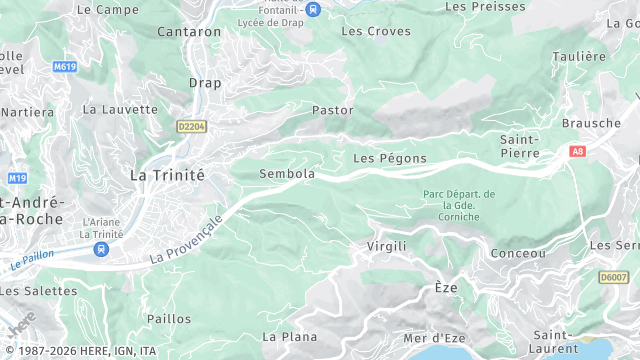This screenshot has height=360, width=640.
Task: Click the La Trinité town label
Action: pyautogui.click(x=167, y=174)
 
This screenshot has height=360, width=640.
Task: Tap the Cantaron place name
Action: pyautogui.click(x=189, y=32)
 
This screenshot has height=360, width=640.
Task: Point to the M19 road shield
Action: pyautogui.click(x=17, y=178)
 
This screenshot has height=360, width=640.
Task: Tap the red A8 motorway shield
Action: pyautogui.click(x=577, y=151)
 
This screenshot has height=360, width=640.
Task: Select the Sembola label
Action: pyautogui.click(x=287, y=174)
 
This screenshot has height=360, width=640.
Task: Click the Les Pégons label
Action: pyautogui.click(x=389, y=159)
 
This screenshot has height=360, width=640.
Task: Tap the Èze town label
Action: pyautogui.click(x=445, y=288)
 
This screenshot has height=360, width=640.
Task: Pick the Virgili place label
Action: pyautogui.click(x=387, y=246)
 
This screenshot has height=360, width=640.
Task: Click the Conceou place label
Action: pyautogui.click(x=519, y=254)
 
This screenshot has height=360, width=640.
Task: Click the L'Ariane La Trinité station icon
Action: pyautogui.click(x=101, y=249)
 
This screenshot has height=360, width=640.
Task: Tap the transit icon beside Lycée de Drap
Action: pyautogui.click(x=314, y=10)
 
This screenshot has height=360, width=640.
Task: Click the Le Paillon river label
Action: pyautogui.click(x=31, y=262)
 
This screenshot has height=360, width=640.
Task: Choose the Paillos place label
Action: pyautogui.click(x=168, y=319)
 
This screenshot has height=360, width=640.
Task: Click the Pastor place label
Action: pyautogui.click(x=333, y=110)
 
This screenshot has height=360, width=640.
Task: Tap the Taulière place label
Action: pyautogui.click(x=579, y=57)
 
